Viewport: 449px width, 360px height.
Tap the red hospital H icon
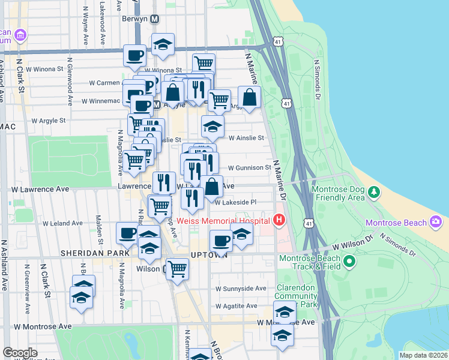click(x=279, y=221)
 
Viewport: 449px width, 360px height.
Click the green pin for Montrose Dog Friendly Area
click(x=375, y=192)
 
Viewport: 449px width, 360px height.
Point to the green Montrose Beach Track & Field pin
click(x=349, y=262)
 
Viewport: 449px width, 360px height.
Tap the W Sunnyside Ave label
click(x=241, y=289)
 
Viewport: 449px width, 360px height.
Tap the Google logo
click(x=20, y=353)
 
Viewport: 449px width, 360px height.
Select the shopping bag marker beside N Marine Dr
click(x=249, y=97)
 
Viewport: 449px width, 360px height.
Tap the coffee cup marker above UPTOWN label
click(x=221, y=241)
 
